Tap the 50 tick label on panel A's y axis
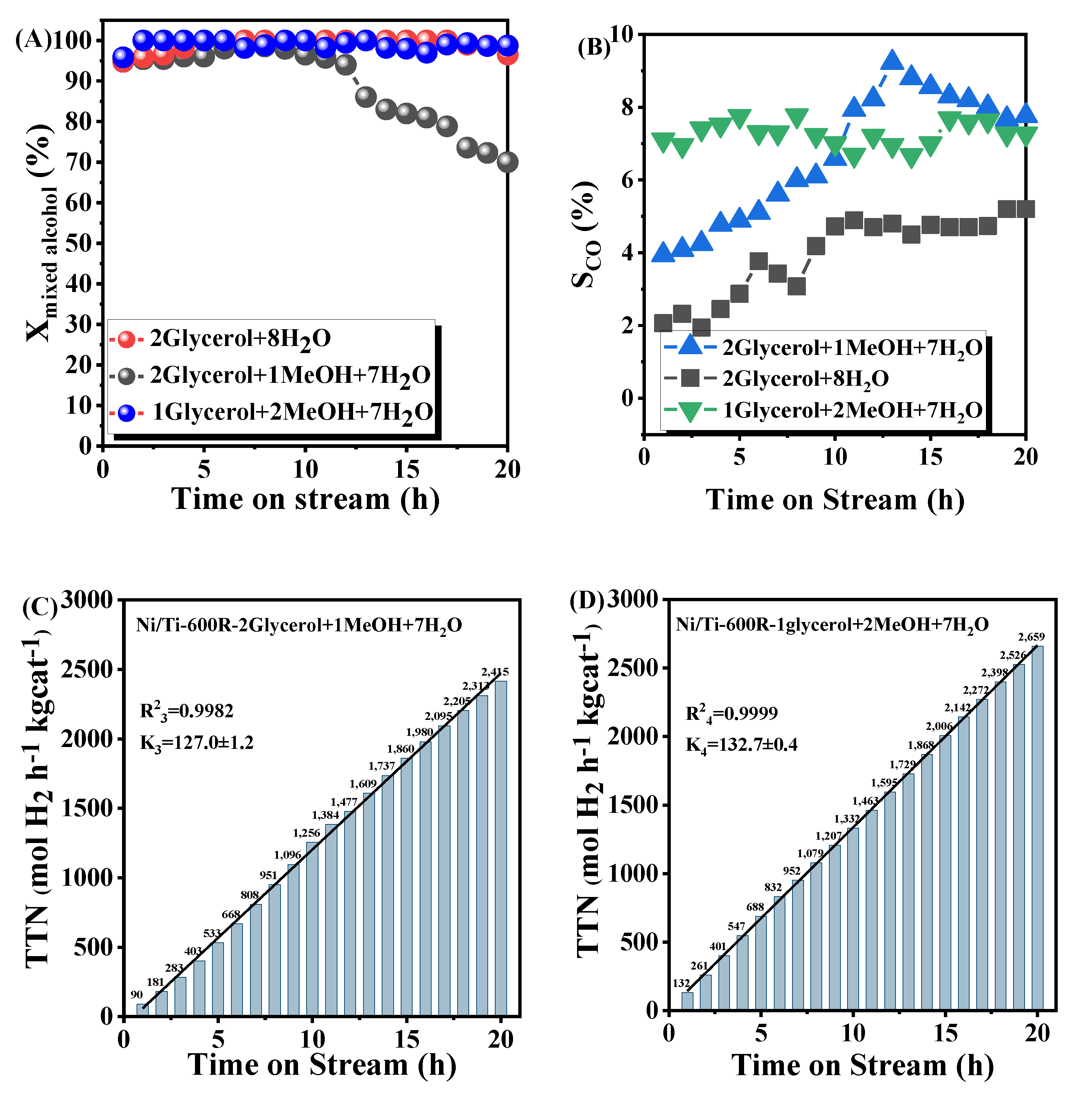78,243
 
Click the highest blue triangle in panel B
892,60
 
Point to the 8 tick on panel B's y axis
628,108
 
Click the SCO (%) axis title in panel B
584,234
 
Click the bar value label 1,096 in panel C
288,855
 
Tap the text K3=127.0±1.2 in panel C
197,743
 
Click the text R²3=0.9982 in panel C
186,711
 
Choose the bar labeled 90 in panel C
142,1010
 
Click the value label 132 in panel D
681,983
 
